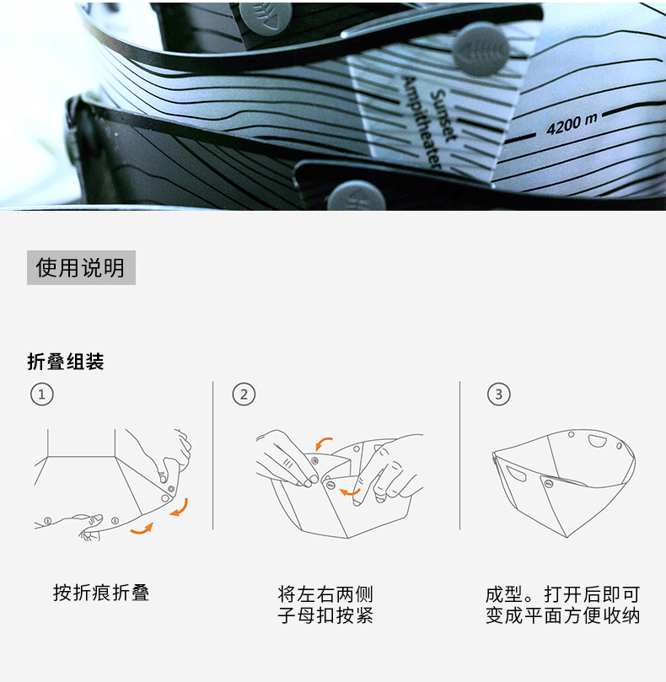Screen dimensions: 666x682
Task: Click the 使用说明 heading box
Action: click(81, 267)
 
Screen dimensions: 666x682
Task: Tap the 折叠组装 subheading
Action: click(66, 362)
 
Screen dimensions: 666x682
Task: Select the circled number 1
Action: click(42, 395)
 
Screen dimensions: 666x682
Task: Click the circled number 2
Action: click(244, 395)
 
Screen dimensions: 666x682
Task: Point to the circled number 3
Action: click(498, 395)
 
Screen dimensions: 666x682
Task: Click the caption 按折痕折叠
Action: click(101, 593)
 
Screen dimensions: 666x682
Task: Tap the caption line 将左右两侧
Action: click(325, 594)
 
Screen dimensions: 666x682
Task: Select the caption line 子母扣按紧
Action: click(325, 616)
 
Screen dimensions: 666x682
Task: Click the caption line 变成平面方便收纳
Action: click(562, 616)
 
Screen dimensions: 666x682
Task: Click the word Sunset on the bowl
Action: click(443, 115)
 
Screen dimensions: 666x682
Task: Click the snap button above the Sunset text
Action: click(481, 49)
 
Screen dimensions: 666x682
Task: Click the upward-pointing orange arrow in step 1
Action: click(142, 529)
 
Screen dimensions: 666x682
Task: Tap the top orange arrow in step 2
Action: click(323, 443)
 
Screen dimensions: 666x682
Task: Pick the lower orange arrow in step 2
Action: click(350, 491)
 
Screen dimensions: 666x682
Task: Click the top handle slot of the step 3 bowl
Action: click(597, 441)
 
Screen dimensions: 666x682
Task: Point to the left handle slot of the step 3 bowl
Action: click(516, 474)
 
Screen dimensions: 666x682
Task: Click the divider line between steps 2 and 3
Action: click(459, 455)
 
